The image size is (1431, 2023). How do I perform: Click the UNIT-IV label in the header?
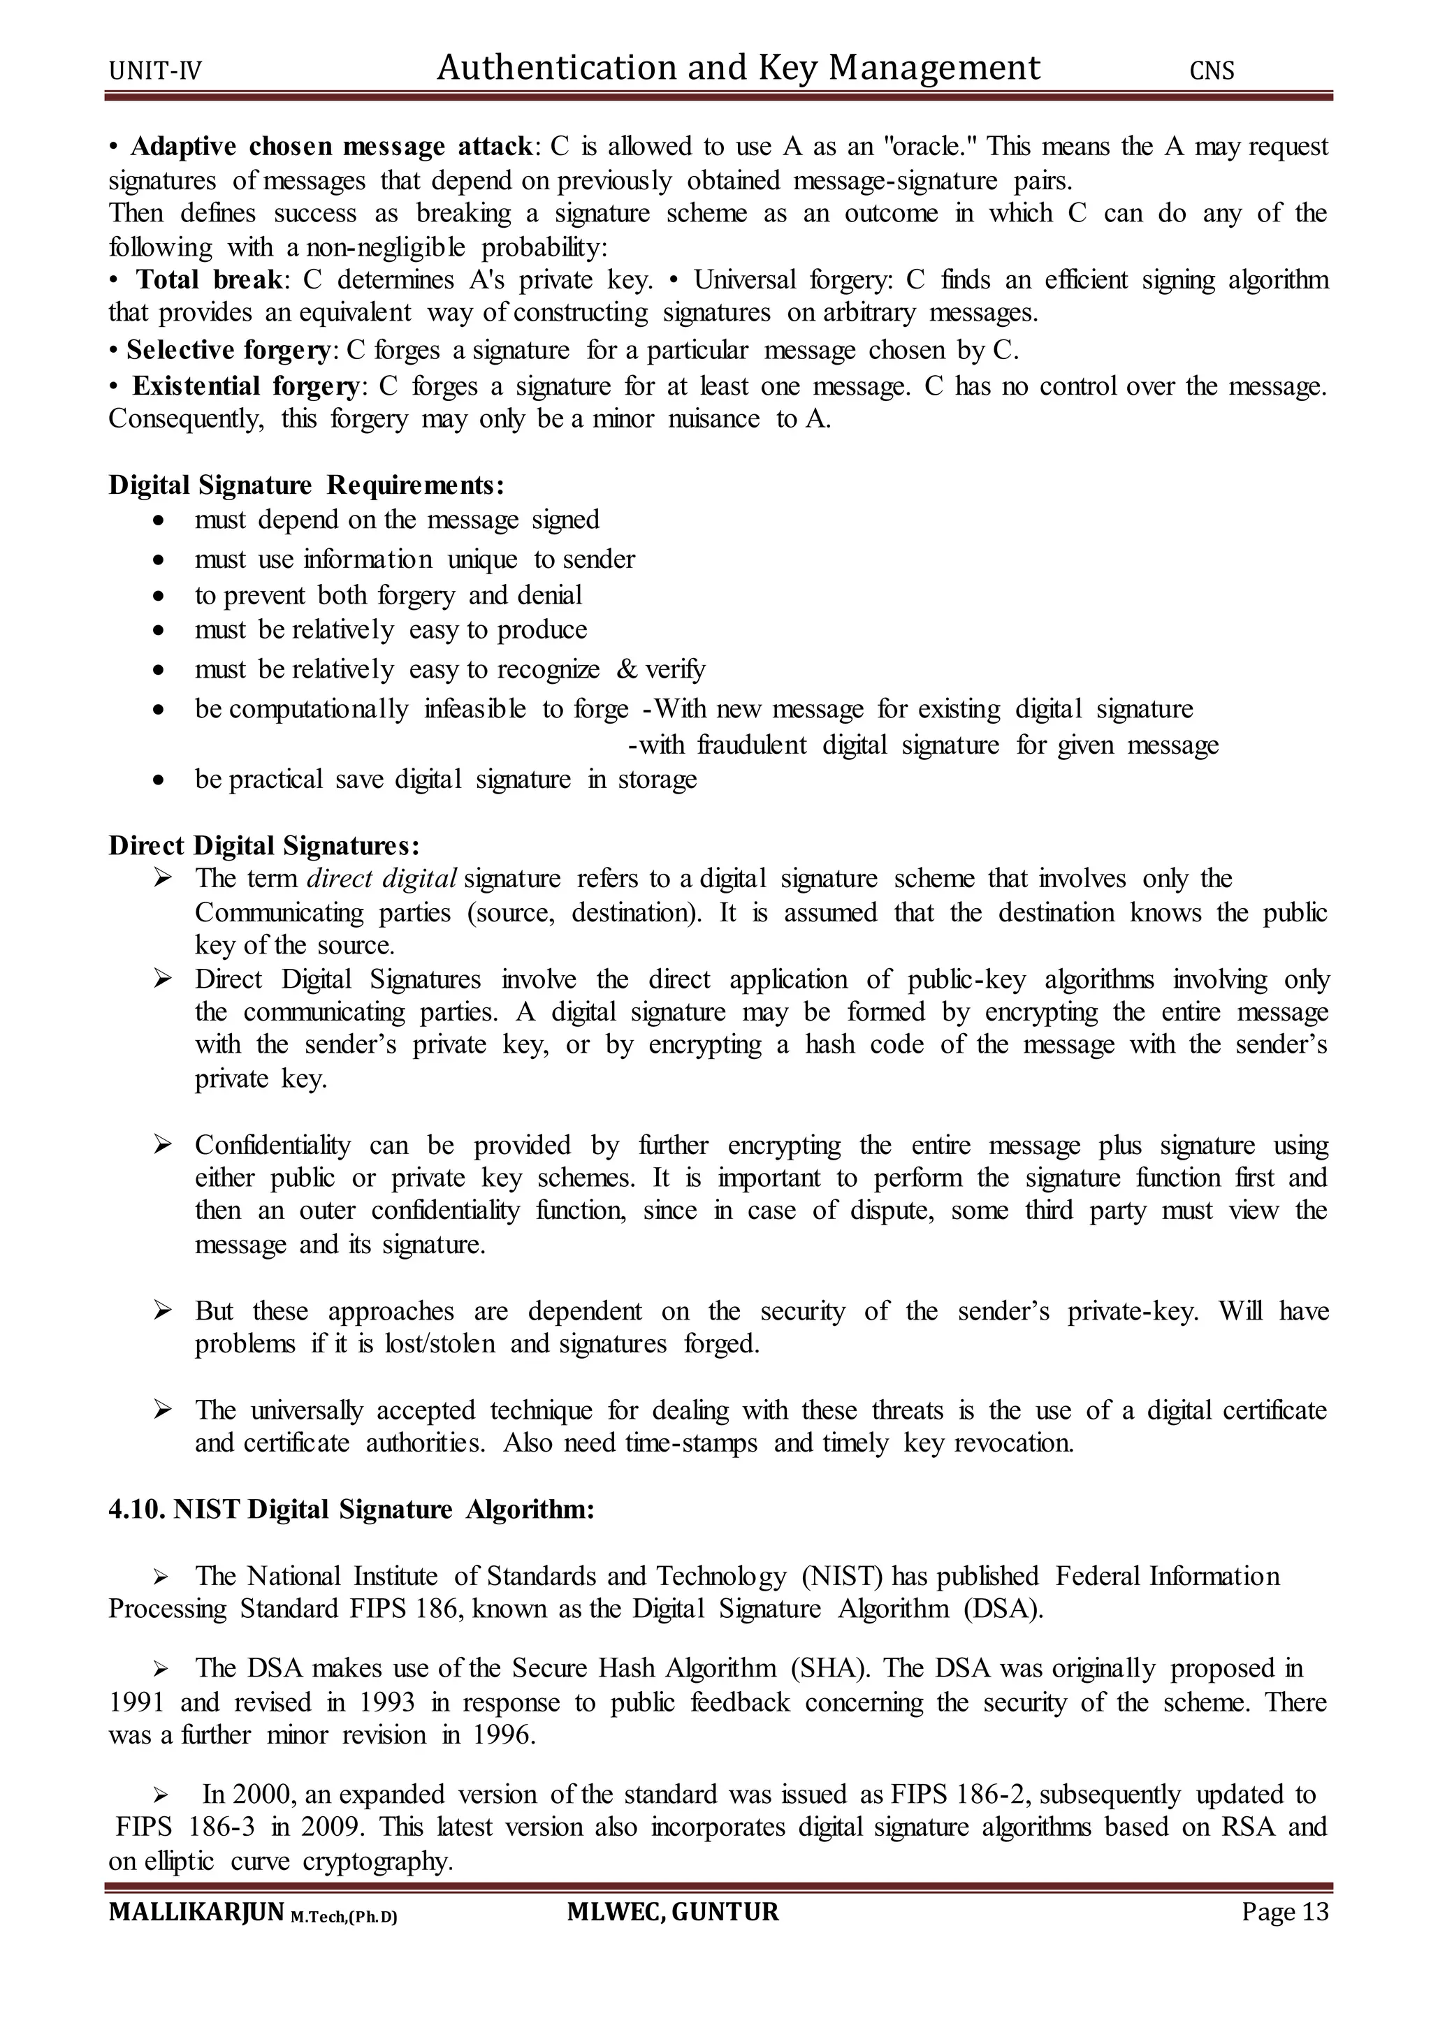point(155,71)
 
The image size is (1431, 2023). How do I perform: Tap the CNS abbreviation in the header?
point(1212,71)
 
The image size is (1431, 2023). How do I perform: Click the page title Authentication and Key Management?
point(739,68)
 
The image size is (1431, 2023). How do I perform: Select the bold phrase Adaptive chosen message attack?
point(330,146)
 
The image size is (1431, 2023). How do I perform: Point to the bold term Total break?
point(210,280)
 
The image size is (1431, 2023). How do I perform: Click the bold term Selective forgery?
point(227,351)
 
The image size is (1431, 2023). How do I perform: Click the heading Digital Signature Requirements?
point(306,485)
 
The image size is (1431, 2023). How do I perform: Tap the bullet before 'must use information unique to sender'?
point(158,560)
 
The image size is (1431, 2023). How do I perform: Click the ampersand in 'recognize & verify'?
point(627,670)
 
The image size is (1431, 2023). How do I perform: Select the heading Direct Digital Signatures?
point(263,846)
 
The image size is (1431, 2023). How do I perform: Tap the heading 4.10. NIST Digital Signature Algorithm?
point(351,1510)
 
